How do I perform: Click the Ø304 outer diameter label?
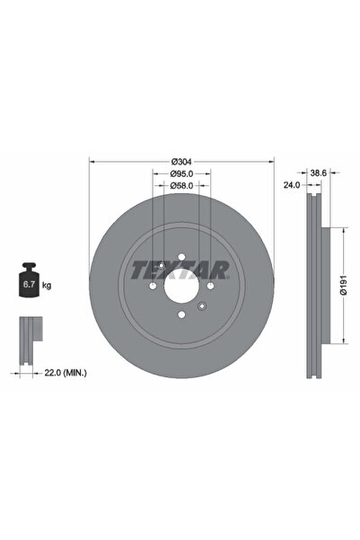point(180,161)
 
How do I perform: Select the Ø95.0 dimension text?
point(181,173)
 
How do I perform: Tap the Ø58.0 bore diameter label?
point(181,186)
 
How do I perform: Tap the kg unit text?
point(46,285)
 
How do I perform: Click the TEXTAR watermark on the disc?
point(180,268)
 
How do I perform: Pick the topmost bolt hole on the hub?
point(181,260)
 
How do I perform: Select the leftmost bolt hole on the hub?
point(154,288)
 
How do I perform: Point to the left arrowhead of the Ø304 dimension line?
point(92,161)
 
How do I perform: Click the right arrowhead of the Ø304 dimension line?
point(269,161)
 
